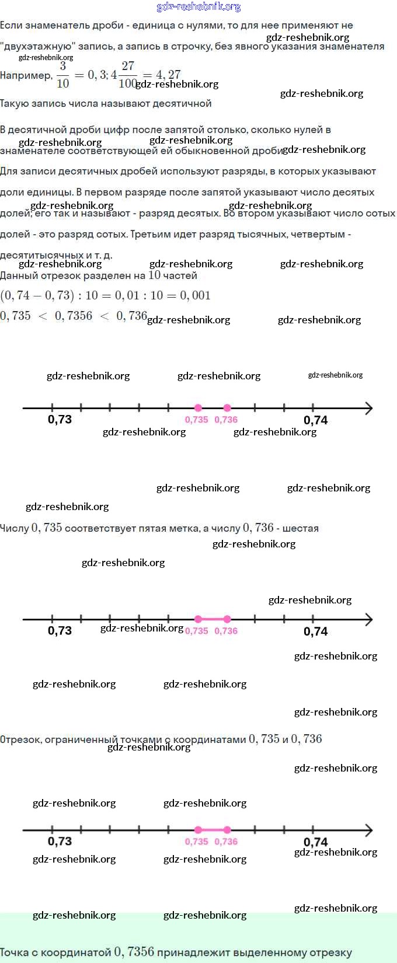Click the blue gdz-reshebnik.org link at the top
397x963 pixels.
(198, 7)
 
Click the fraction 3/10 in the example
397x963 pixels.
(63, 75)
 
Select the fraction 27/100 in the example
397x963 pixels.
(127, 75)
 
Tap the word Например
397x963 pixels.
(25, 75)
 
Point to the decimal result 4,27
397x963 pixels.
(168, 75)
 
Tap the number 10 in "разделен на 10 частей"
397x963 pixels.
(154, 275)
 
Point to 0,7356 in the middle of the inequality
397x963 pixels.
(74, 316)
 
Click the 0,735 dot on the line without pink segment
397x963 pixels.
(198, 408)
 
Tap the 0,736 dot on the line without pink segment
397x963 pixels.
(227, 408)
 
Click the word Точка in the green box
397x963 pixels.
(15, 952)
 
